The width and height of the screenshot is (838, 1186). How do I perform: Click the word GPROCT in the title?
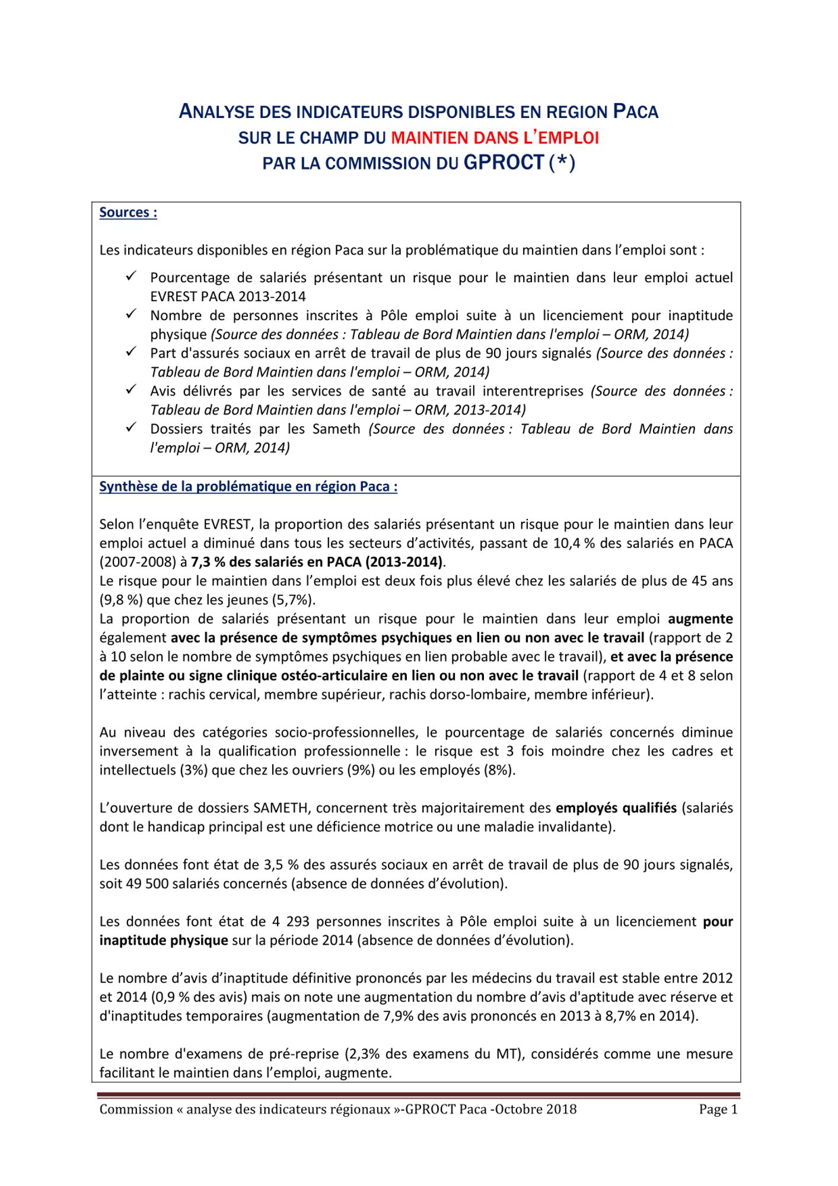504,162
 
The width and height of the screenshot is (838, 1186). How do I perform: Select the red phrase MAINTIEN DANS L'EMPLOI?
495,138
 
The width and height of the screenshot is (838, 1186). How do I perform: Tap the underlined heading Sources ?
128,212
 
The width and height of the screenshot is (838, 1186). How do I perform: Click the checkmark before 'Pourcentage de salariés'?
131,276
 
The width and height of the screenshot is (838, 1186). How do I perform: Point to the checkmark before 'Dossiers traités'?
131,428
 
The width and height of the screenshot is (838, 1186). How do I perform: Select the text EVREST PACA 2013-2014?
228,296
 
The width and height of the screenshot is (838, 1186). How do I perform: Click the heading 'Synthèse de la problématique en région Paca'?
248,487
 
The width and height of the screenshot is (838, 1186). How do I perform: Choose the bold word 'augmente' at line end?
700,619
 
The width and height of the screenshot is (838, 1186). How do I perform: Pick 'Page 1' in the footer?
718,1110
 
